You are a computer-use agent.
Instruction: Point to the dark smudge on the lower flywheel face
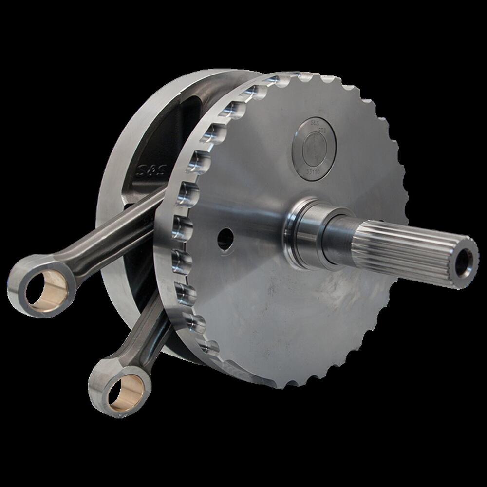336,312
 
